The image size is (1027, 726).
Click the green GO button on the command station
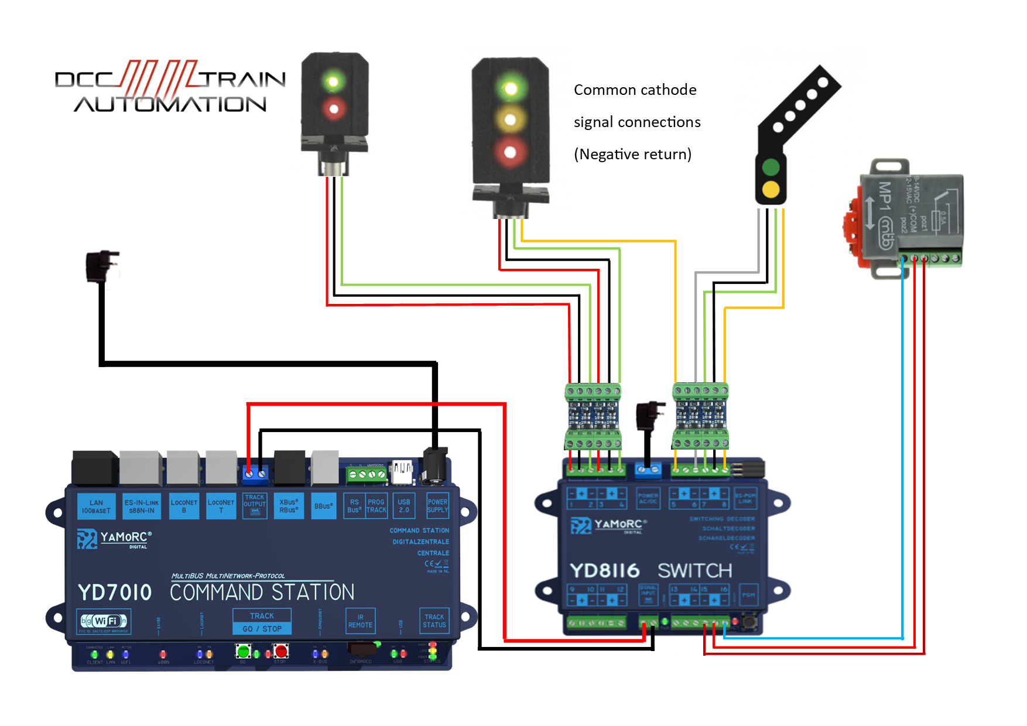[x=243, y=651]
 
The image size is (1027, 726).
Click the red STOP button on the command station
[x=281, y=651]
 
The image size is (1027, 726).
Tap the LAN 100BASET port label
[x=96, y=506]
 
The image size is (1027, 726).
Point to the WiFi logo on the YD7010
[x=104, y=621]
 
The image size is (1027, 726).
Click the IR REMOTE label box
[x=360, y=621]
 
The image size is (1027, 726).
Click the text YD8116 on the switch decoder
[x=604, y=571]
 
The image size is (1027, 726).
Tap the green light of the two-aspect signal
[x=334, y=81]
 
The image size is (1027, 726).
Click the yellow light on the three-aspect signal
[x=510, y=120]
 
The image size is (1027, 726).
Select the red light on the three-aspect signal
[x=510, y=152]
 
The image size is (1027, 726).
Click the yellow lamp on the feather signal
[x=771, y=189]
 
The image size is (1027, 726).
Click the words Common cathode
[x=635, y=90]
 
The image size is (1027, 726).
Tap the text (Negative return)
[x=632, y=155]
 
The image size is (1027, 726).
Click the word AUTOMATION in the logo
[x=170, y=105]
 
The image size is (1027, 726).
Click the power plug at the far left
[x=101, y=266]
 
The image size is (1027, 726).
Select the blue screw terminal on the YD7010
[x=255, y=473]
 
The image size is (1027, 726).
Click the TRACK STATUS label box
[x=434, y=621]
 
